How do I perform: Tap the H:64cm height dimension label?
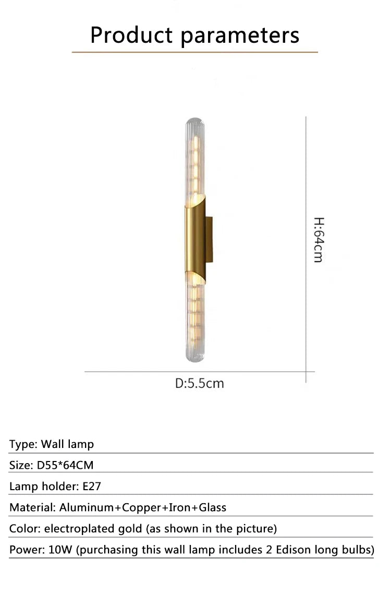coord(318,239)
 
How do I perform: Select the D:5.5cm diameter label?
coord(200,383)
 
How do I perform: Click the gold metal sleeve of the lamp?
coord(194,239)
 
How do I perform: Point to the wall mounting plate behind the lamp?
coord(209,239)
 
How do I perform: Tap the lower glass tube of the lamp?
coord(193,318)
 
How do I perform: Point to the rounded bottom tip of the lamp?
coord(193,358)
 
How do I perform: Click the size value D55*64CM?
coord(65,465)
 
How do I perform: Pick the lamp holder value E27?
coord(92,487)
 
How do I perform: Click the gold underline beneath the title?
coord(194,52)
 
